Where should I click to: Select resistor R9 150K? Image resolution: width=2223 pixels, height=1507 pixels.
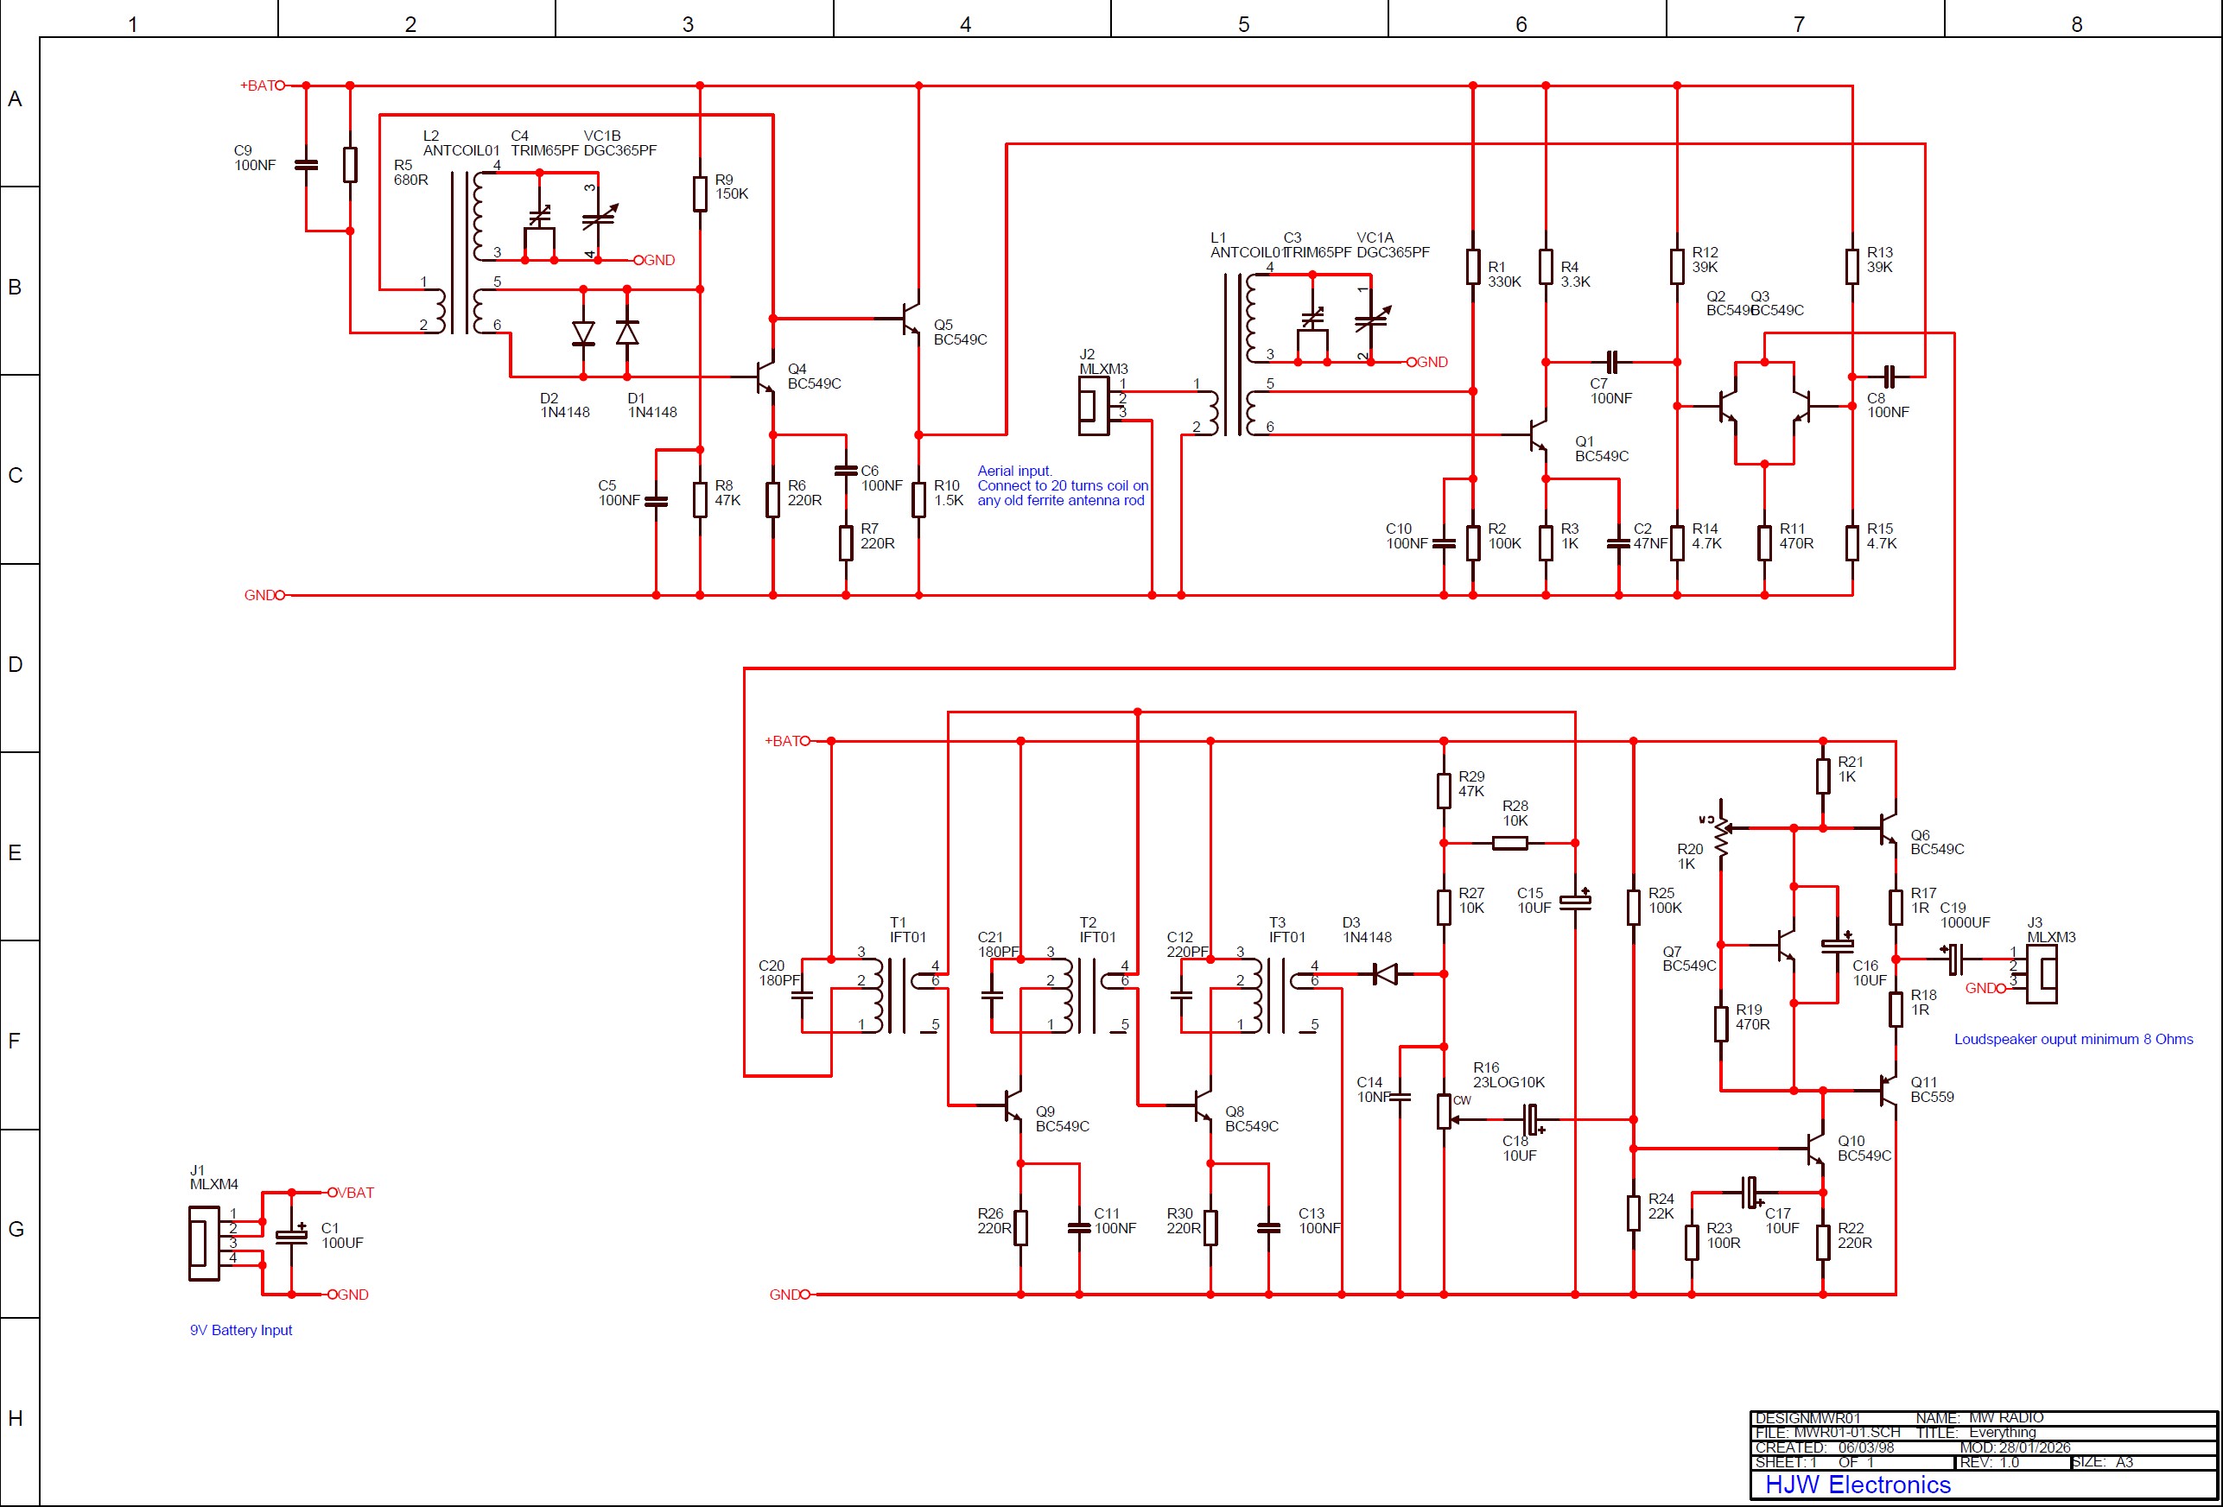click(x=700, y=193)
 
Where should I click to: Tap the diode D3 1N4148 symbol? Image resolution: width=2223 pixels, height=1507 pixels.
click(x=1384, y=974)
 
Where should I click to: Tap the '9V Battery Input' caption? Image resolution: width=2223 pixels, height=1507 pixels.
click(x=240, y=1330)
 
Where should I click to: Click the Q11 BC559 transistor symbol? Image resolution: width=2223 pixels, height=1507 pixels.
click(x=1887, y=1090)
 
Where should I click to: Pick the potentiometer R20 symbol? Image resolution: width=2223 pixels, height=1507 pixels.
click(x=1722, y=834)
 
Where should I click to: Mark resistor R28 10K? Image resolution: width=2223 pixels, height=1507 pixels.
click(x=1509, y=842)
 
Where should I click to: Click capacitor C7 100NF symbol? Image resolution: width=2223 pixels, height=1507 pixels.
click(x=1612, y=363)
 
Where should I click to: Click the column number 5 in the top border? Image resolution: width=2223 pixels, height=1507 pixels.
click(x=1243, y=24)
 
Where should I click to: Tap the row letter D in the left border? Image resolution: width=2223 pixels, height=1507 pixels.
click(x=16, y=663)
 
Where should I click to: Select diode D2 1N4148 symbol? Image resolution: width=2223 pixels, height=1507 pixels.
click(x=583, y=333)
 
